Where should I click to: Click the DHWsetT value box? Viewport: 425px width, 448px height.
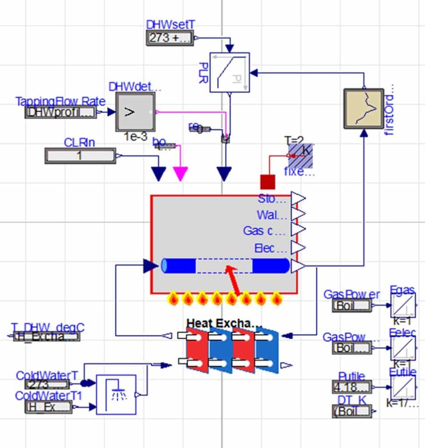coord(170,38)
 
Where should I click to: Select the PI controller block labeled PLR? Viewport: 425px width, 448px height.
coord(230,73)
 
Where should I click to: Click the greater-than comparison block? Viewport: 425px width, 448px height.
coord(135,112)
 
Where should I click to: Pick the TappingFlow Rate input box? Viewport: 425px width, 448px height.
coord(60,112)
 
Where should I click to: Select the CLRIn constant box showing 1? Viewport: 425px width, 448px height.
coord(80,156)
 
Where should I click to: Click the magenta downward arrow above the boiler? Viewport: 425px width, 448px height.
coord(181,173)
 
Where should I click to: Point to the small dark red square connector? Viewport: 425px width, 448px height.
coord(268,182)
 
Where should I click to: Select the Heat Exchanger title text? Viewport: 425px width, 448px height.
coord(224,323)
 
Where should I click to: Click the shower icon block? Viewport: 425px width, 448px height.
coord(116,394)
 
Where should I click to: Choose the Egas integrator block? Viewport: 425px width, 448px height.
coord(403,305)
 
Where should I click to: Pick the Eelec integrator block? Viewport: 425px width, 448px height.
coord(403,348)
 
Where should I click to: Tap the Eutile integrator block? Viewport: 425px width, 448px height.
coord(403,388)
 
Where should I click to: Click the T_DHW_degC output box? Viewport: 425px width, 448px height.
coord(46,336)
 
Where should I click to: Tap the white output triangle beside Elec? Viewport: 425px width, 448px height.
coord(298,248)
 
